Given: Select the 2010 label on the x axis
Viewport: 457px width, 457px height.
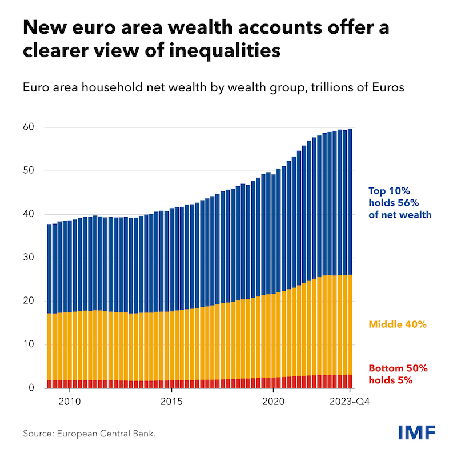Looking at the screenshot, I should point(69,402).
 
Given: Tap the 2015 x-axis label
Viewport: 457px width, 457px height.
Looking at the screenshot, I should point(171,402).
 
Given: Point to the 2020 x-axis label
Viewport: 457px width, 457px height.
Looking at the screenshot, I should point(273,402).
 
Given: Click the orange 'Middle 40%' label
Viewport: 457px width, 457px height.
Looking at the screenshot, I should point(398,324).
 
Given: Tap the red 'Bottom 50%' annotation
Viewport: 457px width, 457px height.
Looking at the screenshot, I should point(398,368).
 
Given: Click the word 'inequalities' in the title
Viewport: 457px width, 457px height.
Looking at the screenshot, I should point(216,51).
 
